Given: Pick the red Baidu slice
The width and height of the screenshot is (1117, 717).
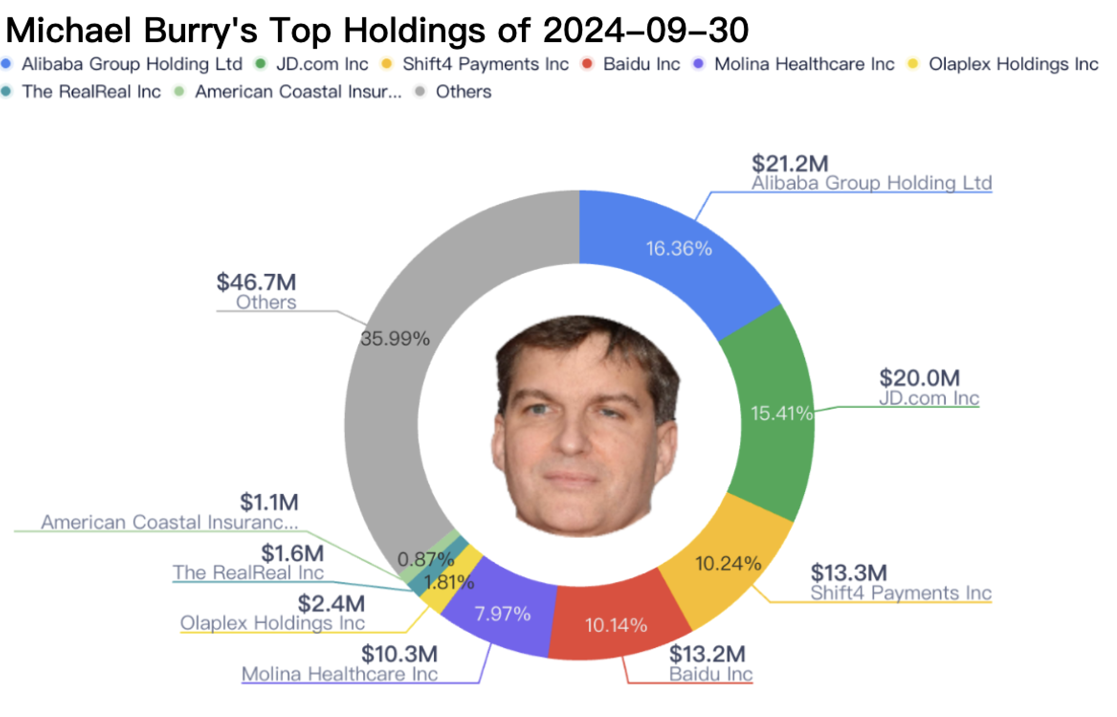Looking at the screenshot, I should [x=617, y=622].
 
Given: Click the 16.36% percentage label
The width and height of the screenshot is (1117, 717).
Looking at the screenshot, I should [x=679, y=249].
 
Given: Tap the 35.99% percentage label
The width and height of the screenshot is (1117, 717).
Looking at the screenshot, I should [x=395, y=339].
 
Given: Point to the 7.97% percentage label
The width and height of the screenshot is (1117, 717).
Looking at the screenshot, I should [x=503, y=614].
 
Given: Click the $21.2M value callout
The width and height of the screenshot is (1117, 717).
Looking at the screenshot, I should [x=790, y=164].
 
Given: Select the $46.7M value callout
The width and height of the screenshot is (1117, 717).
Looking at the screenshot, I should [x=256, y=282].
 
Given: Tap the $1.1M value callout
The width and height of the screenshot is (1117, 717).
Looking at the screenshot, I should [x=269, y=502].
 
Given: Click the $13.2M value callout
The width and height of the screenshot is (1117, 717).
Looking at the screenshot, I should [x=707, y=654].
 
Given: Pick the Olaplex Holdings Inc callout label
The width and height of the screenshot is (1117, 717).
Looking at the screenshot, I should [x=272, y=623].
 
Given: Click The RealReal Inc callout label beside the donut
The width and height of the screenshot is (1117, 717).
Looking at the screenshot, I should [x=248, y=572].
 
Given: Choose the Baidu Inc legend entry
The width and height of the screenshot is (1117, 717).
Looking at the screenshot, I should [x=641, y=64].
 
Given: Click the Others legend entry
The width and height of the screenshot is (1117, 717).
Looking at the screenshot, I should [x=463, y=91].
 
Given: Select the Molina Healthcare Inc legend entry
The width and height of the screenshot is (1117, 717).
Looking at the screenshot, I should [x=804, y=64].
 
